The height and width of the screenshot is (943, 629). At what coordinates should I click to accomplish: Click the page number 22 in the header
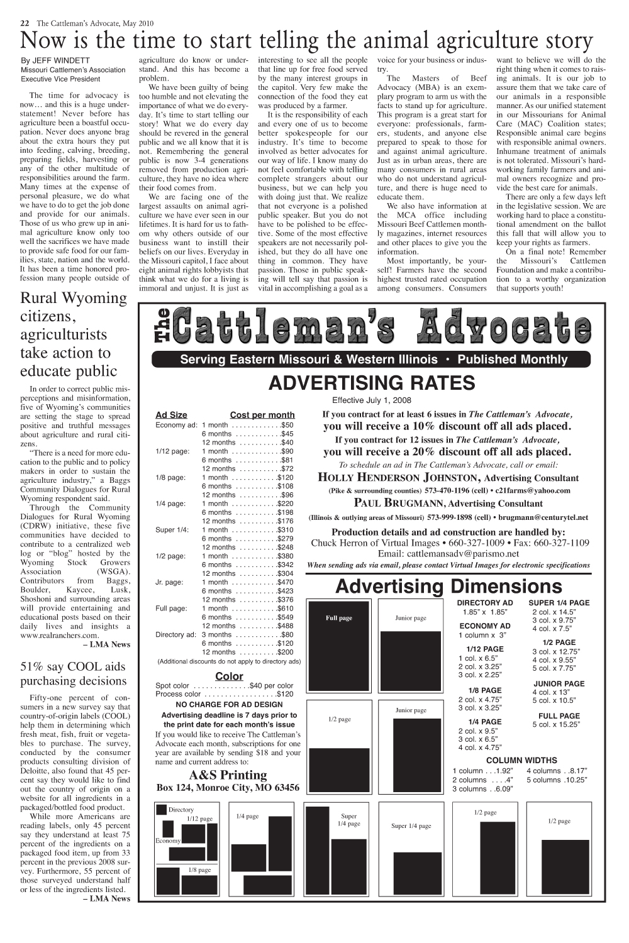coord(25,23)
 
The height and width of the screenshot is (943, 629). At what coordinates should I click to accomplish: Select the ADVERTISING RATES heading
coord(371,383)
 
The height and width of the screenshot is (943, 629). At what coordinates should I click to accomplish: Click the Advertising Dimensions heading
coord(449,587)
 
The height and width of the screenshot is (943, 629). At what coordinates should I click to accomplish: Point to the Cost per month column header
coord(262,415)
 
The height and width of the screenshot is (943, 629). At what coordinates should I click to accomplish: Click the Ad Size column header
coord(171,415)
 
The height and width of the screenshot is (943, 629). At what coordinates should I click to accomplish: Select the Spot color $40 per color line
coord(224,685)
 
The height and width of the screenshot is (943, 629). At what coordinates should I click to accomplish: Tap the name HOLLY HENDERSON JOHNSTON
coord(396,478)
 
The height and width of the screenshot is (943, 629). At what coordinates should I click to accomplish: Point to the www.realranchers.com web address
coord(60,636)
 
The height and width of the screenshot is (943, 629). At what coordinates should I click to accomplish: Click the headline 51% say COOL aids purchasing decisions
coord(74,673)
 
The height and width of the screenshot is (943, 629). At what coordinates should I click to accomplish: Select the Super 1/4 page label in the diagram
coord(411,826)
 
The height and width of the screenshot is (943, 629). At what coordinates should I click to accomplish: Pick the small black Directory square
coord(162,810)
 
